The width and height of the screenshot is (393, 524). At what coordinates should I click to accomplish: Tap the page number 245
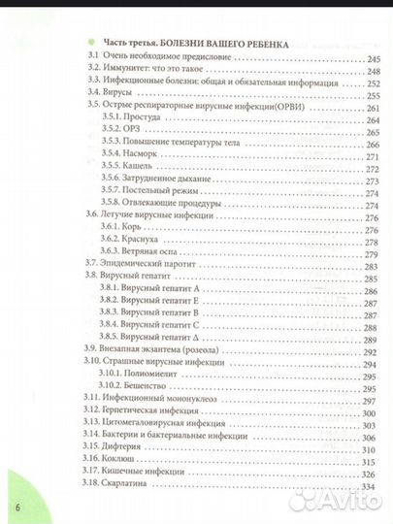click(375, 59)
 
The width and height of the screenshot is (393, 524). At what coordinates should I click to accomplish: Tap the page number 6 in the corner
click(16, 508)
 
